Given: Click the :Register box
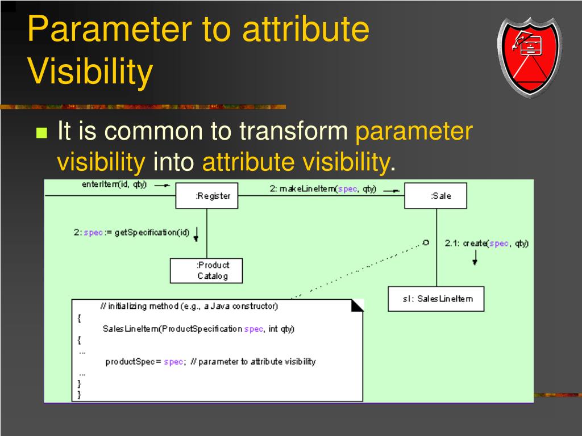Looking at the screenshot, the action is coord(207,195).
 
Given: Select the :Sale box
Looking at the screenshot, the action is coord(435,195).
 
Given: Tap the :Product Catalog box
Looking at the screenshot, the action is coord(206,271).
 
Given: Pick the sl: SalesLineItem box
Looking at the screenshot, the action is coord(436,299).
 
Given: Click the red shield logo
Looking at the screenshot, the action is coord(530,57).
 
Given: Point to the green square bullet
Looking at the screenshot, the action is coord(41,133).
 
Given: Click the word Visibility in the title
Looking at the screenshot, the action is coord(90,71).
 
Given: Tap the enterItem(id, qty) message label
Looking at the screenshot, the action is coord(114,185).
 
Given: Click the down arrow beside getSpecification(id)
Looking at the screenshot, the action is coord(196,234).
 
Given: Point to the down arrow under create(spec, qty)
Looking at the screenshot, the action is coord(475,258).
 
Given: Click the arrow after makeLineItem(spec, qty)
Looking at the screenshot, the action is coord(391,191).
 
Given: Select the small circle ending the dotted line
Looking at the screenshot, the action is coord(426,242).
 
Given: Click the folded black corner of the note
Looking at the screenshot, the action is coord(357,305).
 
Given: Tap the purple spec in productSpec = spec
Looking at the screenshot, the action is coord(173,362).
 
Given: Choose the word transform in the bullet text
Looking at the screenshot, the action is coord(294,131).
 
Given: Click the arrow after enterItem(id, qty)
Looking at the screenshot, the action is coord(162,185).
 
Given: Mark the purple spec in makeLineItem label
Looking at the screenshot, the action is coord(347,189).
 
